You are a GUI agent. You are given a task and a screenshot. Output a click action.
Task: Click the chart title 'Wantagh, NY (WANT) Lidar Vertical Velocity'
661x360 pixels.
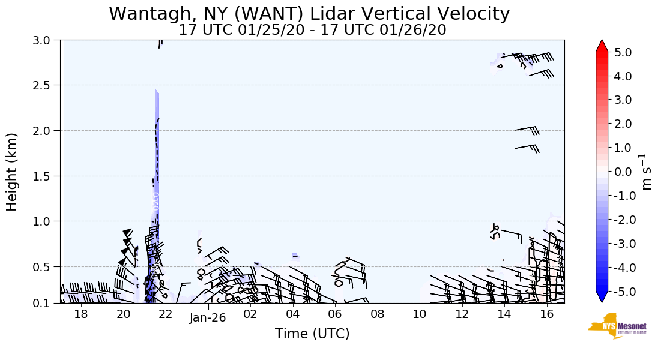309,13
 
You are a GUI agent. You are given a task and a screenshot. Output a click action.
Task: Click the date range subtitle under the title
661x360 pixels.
312,29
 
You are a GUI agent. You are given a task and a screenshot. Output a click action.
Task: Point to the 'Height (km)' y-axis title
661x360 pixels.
13,172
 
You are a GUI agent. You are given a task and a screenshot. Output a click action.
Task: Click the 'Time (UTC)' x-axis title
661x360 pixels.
312,334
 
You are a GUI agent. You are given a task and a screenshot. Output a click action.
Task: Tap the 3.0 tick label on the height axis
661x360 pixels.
46,40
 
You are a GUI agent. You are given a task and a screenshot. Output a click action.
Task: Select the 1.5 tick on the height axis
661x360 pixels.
46,176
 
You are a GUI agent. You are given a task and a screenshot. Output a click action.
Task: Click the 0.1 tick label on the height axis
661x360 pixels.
46,304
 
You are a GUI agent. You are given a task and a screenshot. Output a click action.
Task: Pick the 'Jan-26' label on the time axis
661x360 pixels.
208,318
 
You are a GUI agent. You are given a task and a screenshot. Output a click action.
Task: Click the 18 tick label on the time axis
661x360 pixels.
81,314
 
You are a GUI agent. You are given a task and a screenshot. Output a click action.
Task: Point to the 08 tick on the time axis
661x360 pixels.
377,314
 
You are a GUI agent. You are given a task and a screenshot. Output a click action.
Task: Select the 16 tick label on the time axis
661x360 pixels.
546,314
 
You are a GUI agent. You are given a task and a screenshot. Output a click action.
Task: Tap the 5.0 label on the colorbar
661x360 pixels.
624,52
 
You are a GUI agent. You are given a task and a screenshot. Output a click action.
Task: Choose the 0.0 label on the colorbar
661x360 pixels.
624,172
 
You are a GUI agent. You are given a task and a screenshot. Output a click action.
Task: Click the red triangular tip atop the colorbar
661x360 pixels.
602,46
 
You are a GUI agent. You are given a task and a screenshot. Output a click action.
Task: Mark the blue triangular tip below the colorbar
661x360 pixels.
602,297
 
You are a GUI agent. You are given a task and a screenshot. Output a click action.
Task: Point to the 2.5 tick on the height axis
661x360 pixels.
46,85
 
